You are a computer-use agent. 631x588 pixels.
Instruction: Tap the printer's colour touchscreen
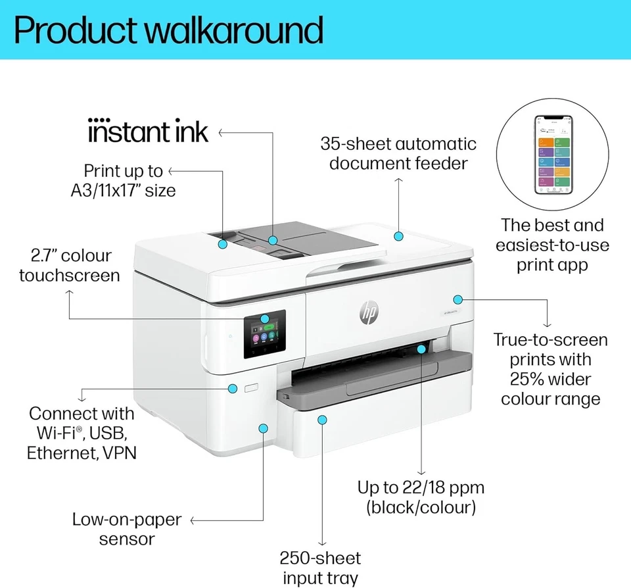coord(265,335)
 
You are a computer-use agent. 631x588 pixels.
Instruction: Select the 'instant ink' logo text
coord(148,131)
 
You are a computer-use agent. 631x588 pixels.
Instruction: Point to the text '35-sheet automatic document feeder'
coord(398,153)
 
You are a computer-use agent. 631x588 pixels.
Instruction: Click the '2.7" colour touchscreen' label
coord(68,265)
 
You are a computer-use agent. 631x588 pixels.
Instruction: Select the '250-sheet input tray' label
coord(320,568)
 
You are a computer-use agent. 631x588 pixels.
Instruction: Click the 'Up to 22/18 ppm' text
coord(421,488)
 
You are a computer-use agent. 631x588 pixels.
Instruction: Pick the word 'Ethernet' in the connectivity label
coord(63,453)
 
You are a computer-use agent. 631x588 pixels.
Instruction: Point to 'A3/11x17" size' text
coord(124,191)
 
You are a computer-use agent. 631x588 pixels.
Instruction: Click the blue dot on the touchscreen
coord(264,318)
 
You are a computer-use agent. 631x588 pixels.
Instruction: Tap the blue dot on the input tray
coord(321,419)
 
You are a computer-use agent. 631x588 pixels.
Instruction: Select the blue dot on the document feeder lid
coord(398,235)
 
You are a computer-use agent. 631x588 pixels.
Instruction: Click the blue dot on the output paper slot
coord(421,349)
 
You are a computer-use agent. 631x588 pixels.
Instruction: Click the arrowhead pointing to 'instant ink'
coord(221,132)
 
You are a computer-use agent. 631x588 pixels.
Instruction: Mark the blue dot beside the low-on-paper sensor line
coord(263,428)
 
